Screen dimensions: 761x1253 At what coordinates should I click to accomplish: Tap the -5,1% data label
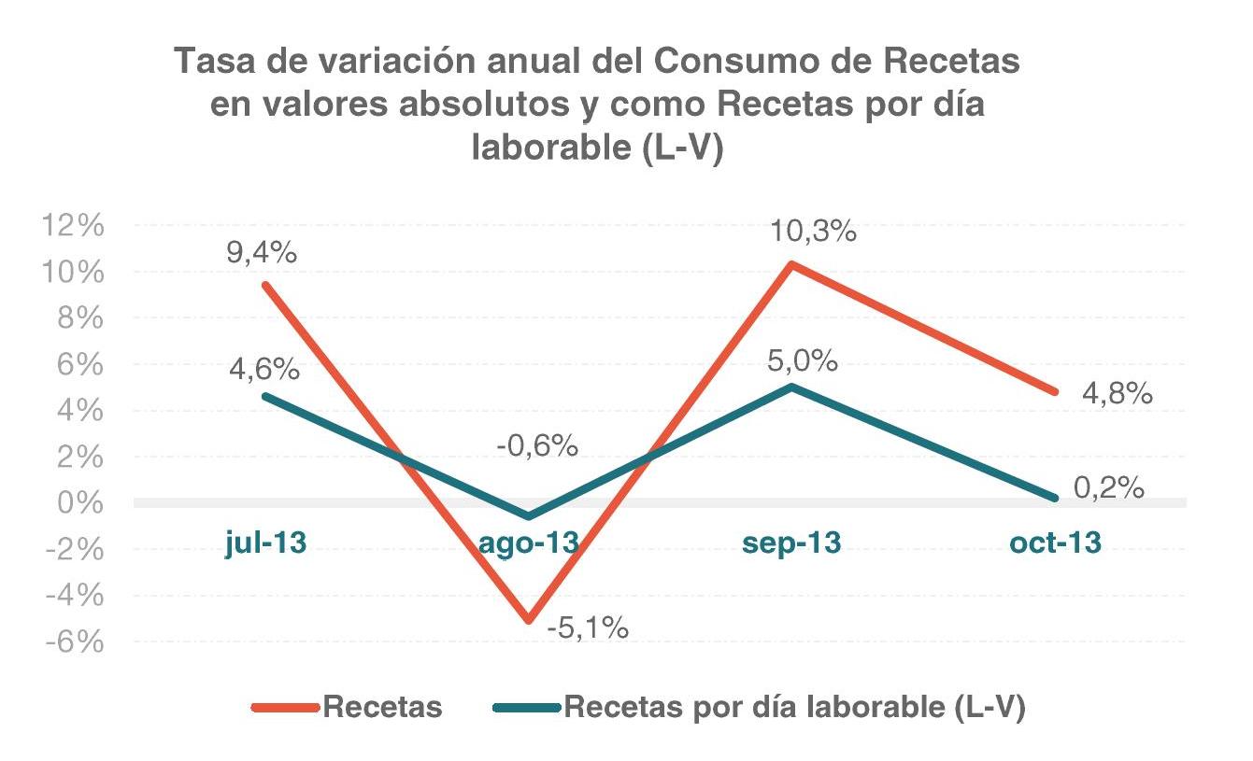(587, 627)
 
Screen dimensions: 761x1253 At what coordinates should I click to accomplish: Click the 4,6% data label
(264, 369)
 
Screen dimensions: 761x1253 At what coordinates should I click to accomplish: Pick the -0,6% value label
(537, 446)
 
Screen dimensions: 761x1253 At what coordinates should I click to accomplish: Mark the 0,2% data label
(1109, 487)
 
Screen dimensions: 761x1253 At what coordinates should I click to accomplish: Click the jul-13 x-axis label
(266, 543)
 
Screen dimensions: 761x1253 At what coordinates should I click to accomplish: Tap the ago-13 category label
(529, 543)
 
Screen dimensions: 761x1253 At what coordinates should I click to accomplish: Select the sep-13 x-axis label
(791, 543)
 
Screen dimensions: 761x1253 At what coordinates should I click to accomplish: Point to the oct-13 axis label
(1055, 543)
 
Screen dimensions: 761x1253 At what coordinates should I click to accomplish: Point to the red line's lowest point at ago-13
(530, 620)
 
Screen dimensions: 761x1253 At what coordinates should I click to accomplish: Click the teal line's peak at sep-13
(792, 387)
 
